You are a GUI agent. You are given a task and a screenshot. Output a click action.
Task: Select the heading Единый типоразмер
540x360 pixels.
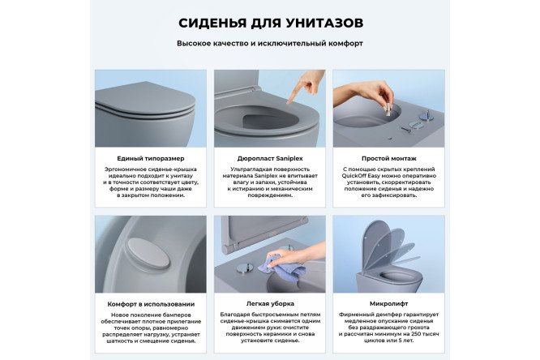150,158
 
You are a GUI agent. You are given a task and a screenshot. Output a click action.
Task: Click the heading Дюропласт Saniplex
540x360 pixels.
269,158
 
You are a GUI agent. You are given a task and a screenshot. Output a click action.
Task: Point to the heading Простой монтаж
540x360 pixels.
388,158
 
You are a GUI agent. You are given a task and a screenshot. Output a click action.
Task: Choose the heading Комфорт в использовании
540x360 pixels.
150,304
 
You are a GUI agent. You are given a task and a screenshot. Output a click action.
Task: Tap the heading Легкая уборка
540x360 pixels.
269,304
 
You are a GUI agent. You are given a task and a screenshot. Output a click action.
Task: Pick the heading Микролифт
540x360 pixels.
388,304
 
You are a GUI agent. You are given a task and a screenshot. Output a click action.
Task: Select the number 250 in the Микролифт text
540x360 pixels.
418,333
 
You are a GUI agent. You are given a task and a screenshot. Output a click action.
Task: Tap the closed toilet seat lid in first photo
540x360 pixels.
154,101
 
